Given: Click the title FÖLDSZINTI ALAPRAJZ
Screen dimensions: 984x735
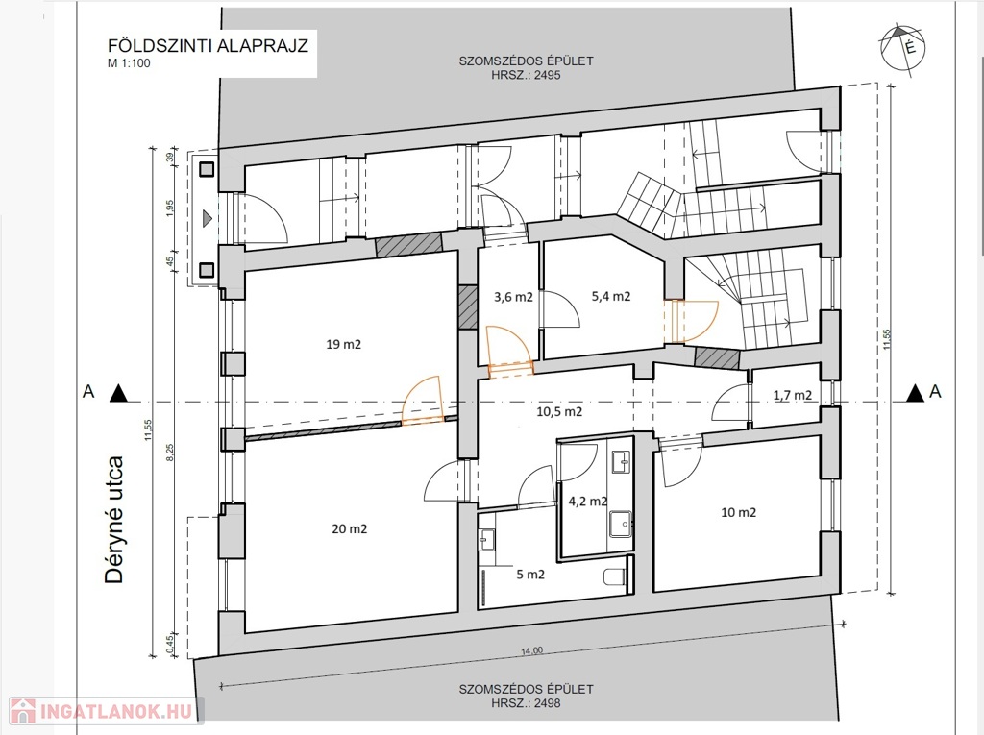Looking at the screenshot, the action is (x=208, y=46).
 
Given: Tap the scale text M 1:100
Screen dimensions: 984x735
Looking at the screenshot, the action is (x=129, y=63).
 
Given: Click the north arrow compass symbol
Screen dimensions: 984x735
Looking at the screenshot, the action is (x=903, y=48).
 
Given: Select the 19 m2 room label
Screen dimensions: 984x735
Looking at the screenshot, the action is (x=343, y=344).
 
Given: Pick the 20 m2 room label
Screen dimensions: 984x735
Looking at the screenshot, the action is (x=350, y=529).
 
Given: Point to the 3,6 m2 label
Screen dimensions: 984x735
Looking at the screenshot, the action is (x=513, y=297).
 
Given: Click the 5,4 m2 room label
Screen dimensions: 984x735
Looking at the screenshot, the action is (x=610, y=296).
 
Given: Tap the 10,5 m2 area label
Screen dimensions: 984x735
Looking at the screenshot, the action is (x=559, y=412).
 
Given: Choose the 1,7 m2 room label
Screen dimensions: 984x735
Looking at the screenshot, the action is (x=793, y=395).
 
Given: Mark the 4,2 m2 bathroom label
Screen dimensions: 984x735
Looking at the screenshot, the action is (x=587, y=501).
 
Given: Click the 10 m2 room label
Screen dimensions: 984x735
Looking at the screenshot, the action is (x=739, y=512).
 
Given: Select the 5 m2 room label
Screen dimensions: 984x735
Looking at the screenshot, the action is (x=530, y=575).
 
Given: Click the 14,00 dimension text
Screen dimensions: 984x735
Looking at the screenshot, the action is (x=531, y=650).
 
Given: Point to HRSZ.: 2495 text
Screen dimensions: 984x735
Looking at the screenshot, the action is (x=526, y=75).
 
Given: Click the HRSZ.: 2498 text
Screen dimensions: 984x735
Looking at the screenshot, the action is (x=526, y=703).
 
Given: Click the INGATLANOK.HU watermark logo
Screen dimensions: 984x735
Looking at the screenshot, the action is (x=107, y=711).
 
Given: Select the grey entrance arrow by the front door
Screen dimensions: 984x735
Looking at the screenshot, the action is (x=208, y=218).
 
